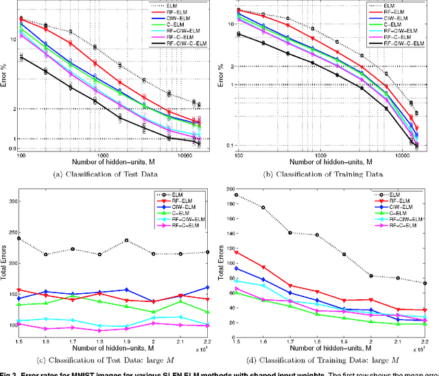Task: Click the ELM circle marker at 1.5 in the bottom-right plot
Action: (x=237, y=195)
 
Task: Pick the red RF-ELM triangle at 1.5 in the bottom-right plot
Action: (x=237, y=252)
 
